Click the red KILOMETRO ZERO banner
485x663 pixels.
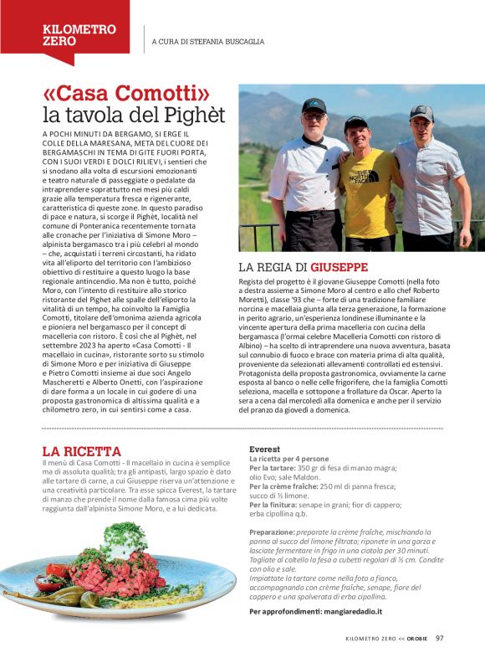tap(79, 34)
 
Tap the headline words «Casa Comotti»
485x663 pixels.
tap(125, 94)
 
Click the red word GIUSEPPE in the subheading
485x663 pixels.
tap(339, 267)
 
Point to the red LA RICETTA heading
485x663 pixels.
tap(81, 451)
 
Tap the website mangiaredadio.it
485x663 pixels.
tap(345, 611)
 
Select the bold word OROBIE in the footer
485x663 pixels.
tap(417, 639)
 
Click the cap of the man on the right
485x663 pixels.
tap(421, 112)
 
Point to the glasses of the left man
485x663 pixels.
tap(313, 118)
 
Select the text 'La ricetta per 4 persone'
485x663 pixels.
tap(288, 460)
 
